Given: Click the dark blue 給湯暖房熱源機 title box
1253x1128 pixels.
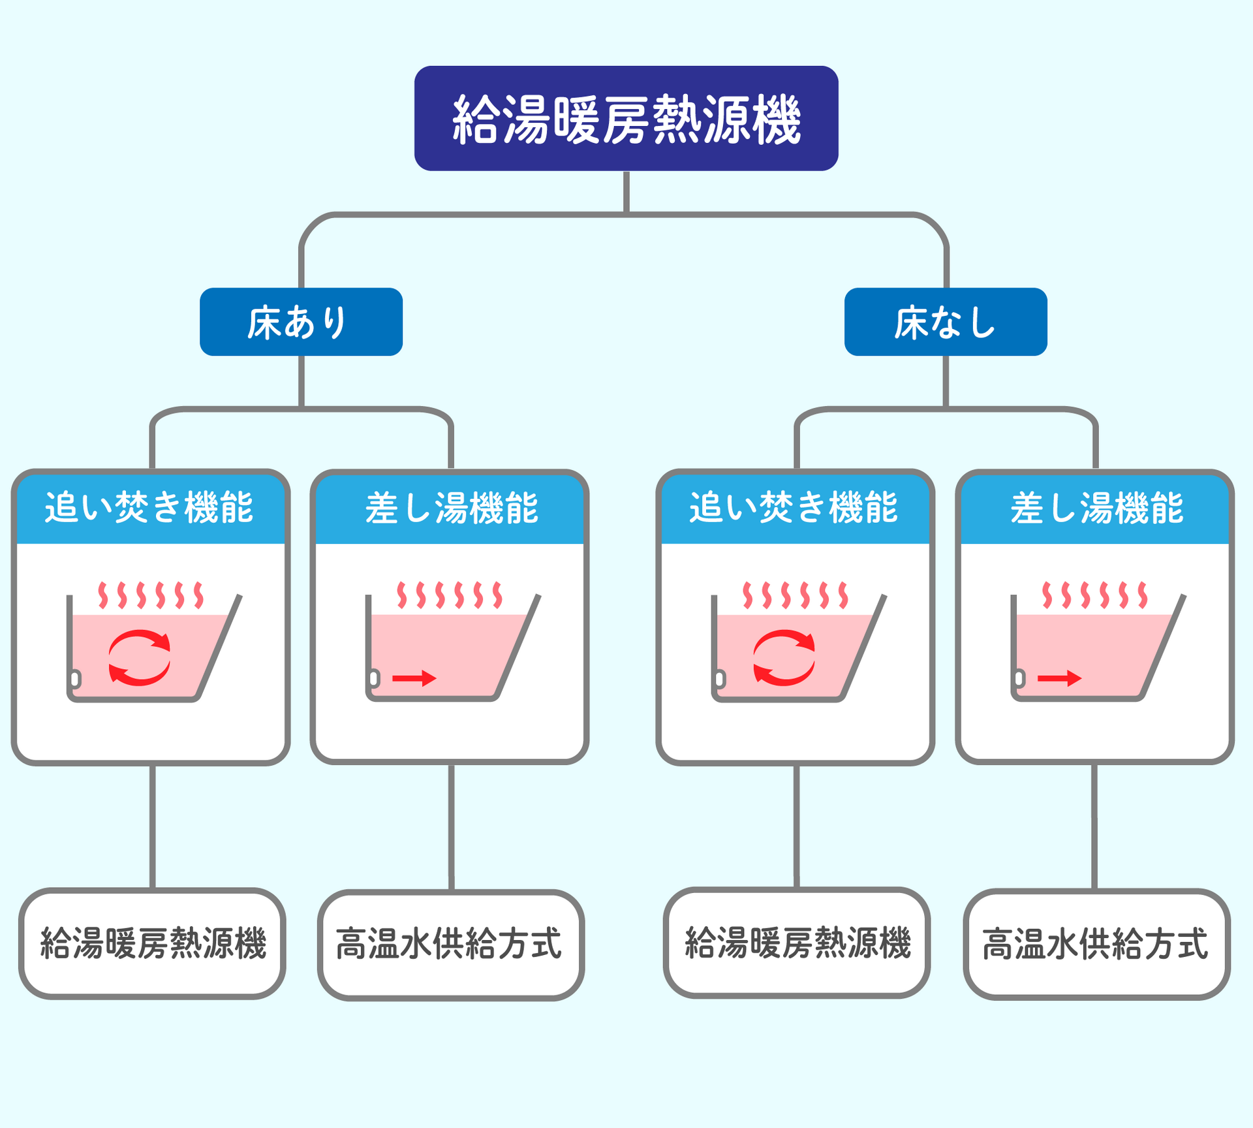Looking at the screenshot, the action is [x=626, y=118].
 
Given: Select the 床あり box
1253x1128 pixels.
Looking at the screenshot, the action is [x=301, y=322].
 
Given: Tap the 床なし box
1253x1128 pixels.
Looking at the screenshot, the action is [x=946, y=322].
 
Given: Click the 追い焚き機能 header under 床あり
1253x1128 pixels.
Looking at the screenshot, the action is [x=151, y=508].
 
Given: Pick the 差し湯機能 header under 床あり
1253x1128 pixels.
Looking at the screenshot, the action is [x=450, y=508].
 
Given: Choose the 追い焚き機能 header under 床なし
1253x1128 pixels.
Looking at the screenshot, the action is [x=796, y=508].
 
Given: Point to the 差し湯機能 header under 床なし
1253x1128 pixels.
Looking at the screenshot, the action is [x=1095, y=508].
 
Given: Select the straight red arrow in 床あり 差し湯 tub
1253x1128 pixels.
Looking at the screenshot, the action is [x=414, y=679].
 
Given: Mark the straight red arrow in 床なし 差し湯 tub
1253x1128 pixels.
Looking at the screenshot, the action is [x=1060, y=679].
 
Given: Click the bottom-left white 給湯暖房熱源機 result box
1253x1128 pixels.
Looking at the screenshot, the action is [x=152, y=943].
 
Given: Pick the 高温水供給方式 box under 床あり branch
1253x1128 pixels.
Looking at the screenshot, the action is [x=451, y=945].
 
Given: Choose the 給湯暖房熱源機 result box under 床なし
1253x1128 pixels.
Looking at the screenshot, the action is [x=797, y=943].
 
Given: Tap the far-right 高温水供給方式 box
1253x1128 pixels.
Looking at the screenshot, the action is [x=1096, y=944].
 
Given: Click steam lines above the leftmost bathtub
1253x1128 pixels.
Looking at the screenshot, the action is [x=151, y=595].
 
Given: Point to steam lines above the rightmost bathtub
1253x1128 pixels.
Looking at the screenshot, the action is [x=1094, y=595].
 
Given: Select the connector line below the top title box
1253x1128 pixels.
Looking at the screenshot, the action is [x=626, y=193].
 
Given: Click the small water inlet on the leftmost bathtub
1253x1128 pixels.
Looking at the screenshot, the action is [x=75, y=679].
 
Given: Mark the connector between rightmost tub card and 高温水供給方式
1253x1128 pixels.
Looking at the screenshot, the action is [x=1094, y=827].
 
